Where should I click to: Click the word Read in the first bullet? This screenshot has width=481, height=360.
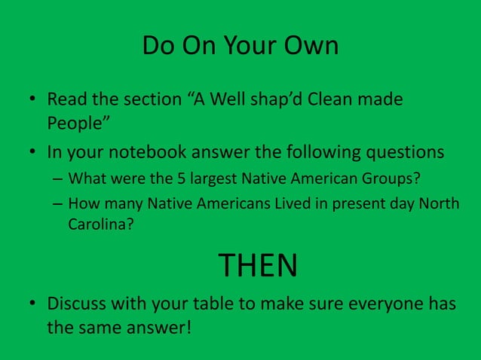[x=66, y=99]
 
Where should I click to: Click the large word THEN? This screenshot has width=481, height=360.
[x=258, y=265]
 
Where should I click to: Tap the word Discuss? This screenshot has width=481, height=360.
[x=78, y=304]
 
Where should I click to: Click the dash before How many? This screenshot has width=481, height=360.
[x=57, y=203]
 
